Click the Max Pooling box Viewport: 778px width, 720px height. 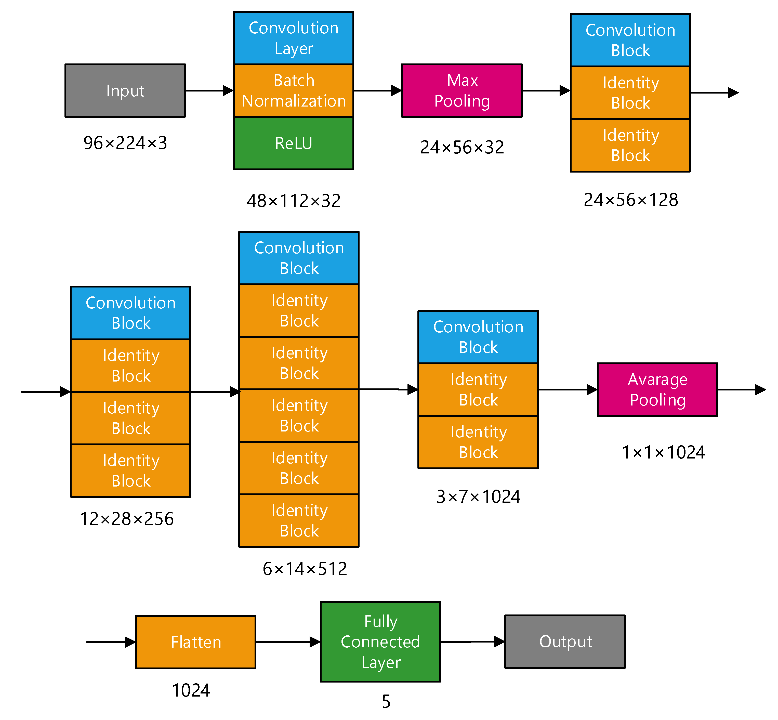[x=462, y=90]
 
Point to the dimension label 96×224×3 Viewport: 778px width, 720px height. [x=125, y=143]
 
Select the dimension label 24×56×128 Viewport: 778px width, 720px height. [x=631, y=200]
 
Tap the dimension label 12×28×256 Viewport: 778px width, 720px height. [x=127, y=519]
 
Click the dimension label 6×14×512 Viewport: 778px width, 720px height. [x=305, y=569]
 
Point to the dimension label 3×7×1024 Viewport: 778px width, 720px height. [x=478, y=497]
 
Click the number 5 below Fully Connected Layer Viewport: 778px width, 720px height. [x=386, y=701]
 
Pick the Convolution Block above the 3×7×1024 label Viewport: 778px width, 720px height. [x=478, y=337]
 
